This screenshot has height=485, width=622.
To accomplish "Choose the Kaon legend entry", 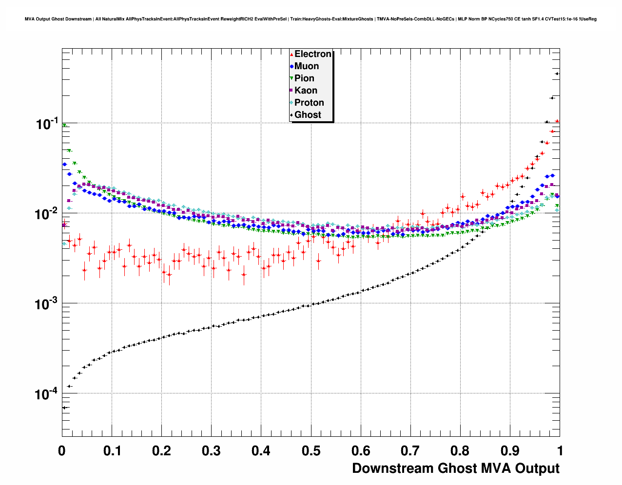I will point(306,91).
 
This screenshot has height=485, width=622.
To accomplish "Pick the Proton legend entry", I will point(309,103).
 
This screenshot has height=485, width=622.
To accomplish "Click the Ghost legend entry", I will point(308,115).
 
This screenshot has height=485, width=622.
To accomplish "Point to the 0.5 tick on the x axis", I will point(311,451).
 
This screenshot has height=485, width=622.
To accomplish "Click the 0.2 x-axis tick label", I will point(161,451).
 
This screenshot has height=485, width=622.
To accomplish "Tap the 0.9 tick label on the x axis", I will point(510,451).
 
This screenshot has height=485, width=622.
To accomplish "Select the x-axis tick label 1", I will point(560,451).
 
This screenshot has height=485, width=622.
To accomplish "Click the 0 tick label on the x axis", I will point(62,451).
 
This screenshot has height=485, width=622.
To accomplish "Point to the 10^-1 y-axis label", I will point(47,124).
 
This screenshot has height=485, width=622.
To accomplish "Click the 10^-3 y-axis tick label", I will point(47,304).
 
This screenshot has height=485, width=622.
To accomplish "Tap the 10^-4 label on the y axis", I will point(47,393).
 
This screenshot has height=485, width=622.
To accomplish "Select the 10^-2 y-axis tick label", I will point(47,214).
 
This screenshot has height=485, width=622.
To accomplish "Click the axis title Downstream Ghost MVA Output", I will point(455,468).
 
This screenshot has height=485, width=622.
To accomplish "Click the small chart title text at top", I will point(311,19).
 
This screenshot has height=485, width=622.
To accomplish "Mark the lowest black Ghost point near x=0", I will point(64,408).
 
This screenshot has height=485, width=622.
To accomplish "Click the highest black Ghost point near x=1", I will point(557,74).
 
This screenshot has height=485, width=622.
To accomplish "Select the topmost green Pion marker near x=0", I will point(64,126).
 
